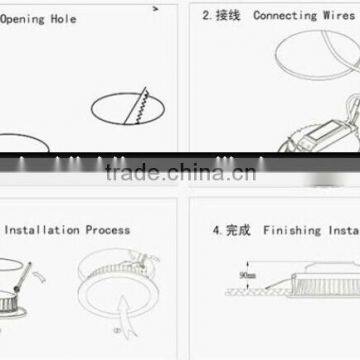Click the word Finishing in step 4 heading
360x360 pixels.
click(x=292, y=229)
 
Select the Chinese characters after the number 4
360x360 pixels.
click(x=237, y=229)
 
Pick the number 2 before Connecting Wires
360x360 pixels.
click(x=206, y=15)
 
